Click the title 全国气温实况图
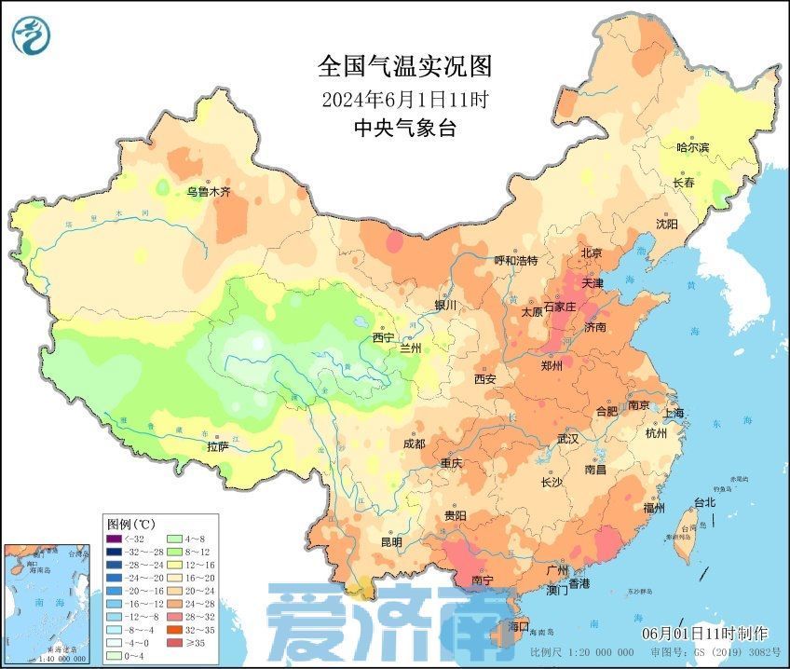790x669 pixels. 404,67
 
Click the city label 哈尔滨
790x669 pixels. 691,147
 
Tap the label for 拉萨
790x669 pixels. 217,446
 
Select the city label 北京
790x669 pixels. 592,253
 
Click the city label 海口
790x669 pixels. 518,625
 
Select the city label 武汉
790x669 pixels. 566,438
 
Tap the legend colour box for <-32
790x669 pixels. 114,539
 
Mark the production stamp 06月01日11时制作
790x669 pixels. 704,634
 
